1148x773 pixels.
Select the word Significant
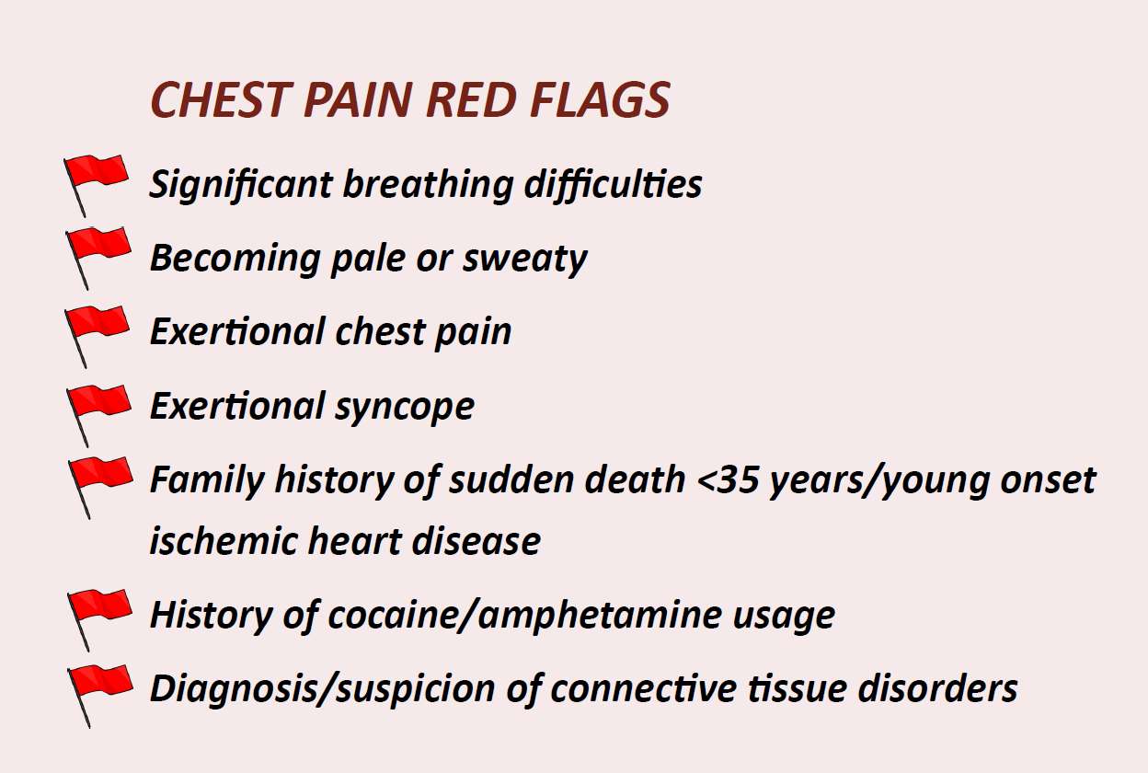pyautogui.click(x=240, y=185)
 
